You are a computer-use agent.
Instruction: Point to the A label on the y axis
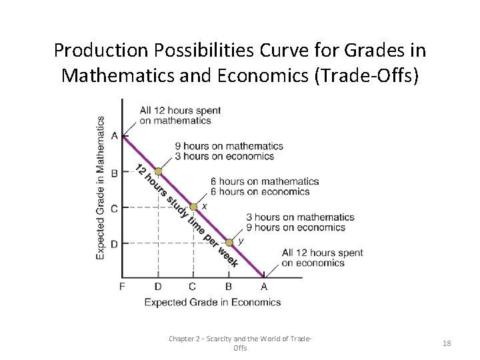(x=114, y=136)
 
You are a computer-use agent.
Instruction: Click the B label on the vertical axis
(x=114, y=173)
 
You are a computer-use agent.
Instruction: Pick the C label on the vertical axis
(x=114, y=208)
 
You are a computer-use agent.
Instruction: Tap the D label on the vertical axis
(x=114, y=244)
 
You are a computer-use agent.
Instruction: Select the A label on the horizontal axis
(x=264, y=287)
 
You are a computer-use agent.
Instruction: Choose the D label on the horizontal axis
(x=158, y=287)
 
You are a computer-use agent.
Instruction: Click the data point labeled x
(x=193, y=207)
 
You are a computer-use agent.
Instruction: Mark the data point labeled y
(x=229, y=243)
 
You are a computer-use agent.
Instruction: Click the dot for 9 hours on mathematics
(x=158, y=171)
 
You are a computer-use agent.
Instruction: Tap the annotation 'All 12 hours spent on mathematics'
(x=175, y=115)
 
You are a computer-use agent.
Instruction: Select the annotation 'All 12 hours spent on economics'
(x=323, y=257)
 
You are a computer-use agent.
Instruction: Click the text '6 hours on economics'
(x=260, y=191)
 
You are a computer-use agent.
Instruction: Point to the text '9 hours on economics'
(x=296, y=227)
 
